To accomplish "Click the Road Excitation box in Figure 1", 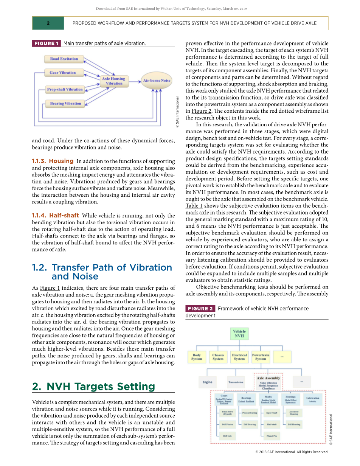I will pos(64,59).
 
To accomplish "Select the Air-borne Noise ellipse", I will pos(156,81).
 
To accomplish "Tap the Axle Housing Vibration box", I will pos(114,81).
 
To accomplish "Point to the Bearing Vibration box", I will pos(66,103).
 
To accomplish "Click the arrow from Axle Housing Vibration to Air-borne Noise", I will pos(134,81).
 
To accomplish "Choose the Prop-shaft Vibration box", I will pos(65,90).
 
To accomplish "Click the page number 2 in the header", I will pos(48,23).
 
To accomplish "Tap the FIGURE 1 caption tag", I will pos(47,43).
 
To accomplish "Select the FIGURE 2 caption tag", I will pos(200,309).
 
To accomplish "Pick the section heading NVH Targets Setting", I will pos(93,387).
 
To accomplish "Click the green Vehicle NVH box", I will pos(239,334).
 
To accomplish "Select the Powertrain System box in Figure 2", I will pos(261,357).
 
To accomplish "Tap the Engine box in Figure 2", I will pos(208,382).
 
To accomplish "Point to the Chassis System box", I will pos(218,357).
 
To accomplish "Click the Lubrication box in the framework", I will pos(313,399).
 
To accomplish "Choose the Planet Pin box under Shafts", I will pos(272,436).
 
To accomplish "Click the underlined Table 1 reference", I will pos(194,206).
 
